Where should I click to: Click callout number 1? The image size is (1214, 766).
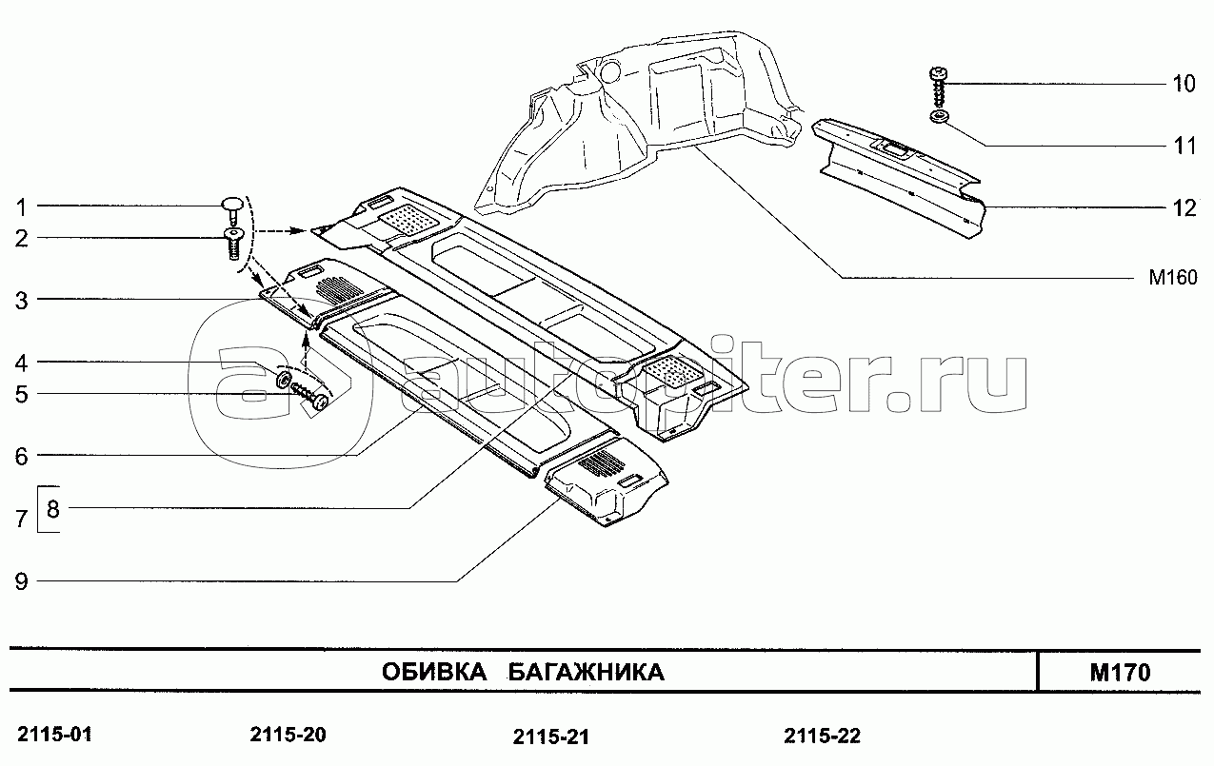pyautogui.click(x=21, y=206)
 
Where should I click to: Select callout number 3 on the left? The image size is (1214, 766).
pyautogui.click(x=21, y=300)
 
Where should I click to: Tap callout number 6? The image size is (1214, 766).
pyautogui.click(x=21, y=457)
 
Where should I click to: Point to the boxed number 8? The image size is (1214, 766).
pyautogui.click(x=52, y=509)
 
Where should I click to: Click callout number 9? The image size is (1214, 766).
pyautogui.click(x=21, y=581)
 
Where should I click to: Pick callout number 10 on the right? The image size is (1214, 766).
pyautogui.click(x=1184, y=84)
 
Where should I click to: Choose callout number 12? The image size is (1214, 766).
pyautogui.click(x=1184, y=208)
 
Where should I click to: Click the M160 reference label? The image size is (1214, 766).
pyautogui.click(x=1173, y=277)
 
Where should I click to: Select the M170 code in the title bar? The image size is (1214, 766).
pyautogui.click(x=1121, y=673)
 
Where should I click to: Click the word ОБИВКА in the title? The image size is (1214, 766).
pyautogui.click(x=434, y=673)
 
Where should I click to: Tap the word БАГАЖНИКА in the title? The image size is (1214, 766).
pyautogui.click(x=586, y=673)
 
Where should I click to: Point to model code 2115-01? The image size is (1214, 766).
pyautogui.click(x=54, y=735)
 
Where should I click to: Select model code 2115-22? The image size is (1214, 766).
pyautogui.click(x=822, y=737)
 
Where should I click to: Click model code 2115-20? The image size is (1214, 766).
pyautogui.click(x=288, y=735)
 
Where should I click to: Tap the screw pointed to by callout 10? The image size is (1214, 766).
pyautogui.click(x=939, y=87)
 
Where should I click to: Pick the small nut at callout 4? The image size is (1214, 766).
pyautogui.click(x=283, y=380)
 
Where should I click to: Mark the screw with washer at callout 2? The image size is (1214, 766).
pyautogui.click(x=233, y=244)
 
